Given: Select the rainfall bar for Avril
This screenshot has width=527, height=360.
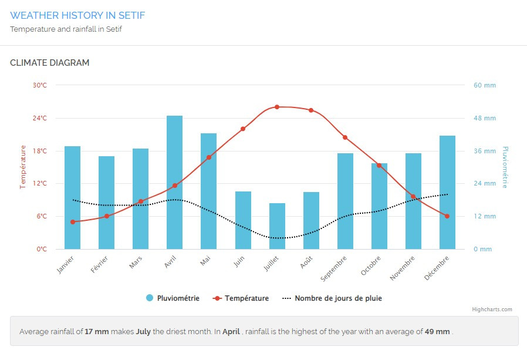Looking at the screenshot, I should [174, 182].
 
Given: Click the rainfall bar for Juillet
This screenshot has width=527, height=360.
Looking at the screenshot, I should [277, 226].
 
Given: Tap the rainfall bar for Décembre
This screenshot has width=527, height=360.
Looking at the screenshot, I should [447, 192].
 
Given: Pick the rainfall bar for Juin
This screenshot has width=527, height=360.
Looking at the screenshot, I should [243, 220].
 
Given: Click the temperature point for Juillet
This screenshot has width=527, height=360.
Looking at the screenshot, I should [277, 107].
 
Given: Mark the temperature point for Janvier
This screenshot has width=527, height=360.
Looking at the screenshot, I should [73, 222].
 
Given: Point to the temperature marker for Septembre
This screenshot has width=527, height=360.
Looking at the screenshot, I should [345, 137].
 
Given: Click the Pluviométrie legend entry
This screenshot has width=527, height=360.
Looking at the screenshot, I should [173, 298].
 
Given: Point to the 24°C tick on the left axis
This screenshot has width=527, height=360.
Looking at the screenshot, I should [40, 118].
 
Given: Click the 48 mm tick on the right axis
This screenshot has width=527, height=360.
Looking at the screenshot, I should [485, 118].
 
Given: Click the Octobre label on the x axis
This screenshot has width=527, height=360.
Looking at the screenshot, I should [371, 265].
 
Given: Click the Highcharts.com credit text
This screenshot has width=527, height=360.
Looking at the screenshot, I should [492, 309].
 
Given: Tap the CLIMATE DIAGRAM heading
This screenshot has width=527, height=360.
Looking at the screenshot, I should [50, 63].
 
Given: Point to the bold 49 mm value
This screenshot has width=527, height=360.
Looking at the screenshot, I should [437, 331].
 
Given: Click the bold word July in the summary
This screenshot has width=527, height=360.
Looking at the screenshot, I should [144, 331].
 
